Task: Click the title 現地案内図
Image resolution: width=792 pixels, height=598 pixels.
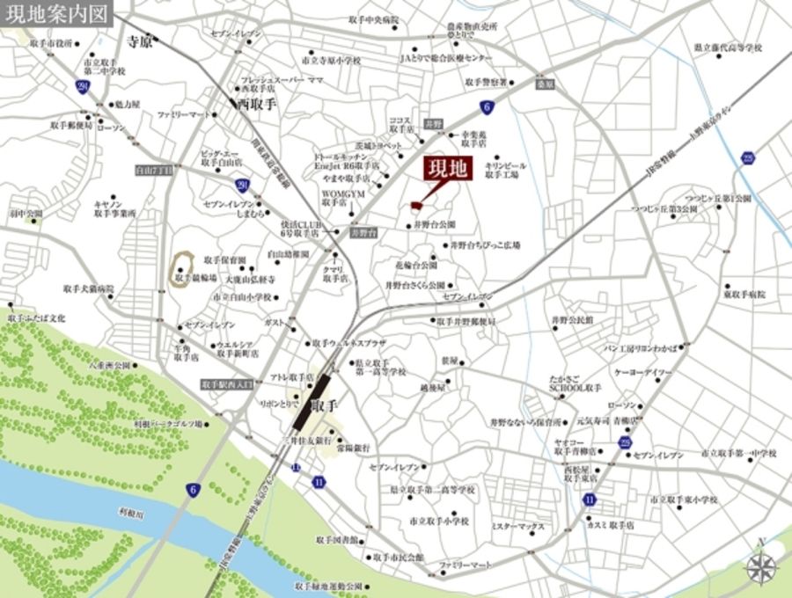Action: tap(56, 14)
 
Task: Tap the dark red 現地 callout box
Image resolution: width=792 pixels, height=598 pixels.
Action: tap(450, 168)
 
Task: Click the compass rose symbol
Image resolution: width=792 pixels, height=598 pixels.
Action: tap(762, 566)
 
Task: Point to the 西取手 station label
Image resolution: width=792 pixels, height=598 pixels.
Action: tap(256, 104)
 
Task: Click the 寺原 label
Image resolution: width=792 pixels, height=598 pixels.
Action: tap(140, 41)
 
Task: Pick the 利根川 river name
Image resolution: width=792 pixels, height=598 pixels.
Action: tap(130, 510)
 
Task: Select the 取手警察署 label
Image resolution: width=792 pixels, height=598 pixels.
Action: tap(485, 82)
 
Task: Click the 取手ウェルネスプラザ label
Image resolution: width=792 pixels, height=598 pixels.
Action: tap(352, 343)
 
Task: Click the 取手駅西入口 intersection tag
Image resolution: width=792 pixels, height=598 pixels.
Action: tap(227, 384)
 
